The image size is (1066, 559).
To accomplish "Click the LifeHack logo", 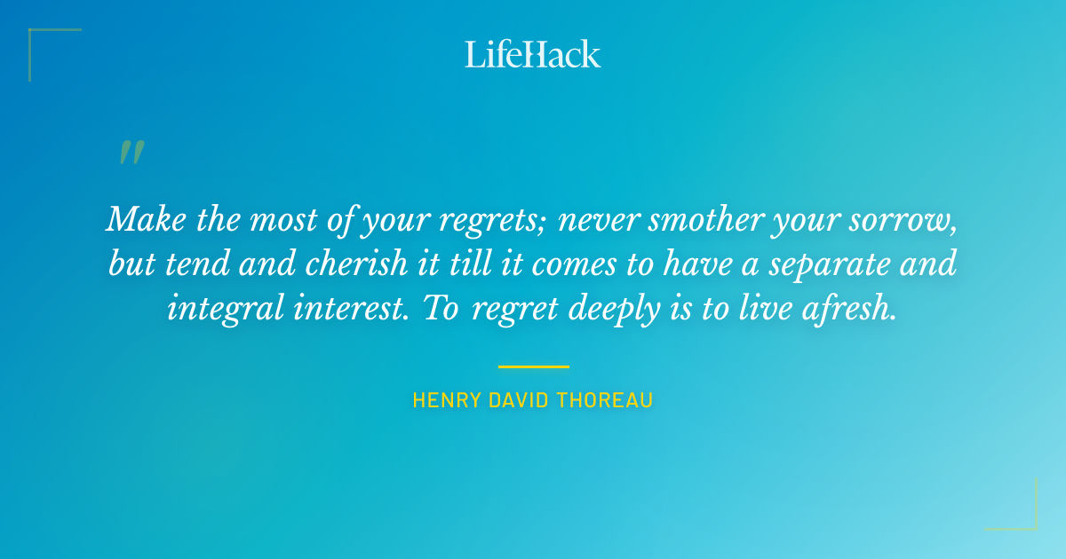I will click(533, 54).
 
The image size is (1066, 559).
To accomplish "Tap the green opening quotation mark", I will click(131, 154).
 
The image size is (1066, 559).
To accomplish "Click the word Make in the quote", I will click(139, 219).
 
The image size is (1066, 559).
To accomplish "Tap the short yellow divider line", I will click(533, 366).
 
